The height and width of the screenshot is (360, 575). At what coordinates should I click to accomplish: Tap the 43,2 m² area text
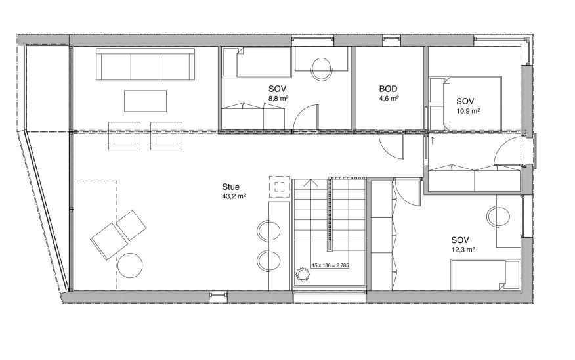(234, 196)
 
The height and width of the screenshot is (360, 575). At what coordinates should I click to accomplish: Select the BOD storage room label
(389, 89)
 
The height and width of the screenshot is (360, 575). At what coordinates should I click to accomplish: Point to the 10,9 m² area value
(468, 110)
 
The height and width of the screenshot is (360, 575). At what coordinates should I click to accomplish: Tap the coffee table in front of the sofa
(145, 101)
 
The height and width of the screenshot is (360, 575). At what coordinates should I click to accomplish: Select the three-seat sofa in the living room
(145, 64)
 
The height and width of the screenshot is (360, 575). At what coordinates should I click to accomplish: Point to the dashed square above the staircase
(280, 186)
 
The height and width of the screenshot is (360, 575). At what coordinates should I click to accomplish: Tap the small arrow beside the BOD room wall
(431, 139)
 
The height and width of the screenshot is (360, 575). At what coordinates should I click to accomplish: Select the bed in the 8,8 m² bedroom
(256, 64)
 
